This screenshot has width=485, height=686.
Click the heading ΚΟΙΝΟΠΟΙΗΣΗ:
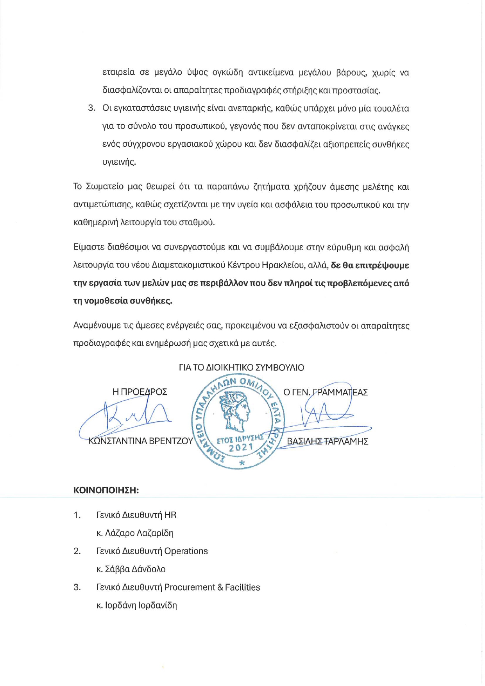tap(106, 490)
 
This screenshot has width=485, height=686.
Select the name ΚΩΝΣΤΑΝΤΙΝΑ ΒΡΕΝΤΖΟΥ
tap(141, 441)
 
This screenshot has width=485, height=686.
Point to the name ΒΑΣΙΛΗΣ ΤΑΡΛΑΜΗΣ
tap(328, 442)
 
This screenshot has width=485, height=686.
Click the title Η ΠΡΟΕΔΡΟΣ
tap(140, 392)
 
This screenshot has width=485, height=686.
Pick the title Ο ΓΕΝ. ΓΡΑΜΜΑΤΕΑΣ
tap(326, 392)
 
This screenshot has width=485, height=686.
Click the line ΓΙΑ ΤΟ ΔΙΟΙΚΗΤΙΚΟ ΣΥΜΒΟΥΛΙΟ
tap(241, 368)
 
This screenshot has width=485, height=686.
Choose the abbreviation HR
tap(170, 515)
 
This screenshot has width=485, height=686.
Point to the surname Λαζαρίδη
tap(155, 533)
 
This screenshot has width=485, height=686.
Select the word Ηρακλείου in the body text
tap(284, 266)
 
